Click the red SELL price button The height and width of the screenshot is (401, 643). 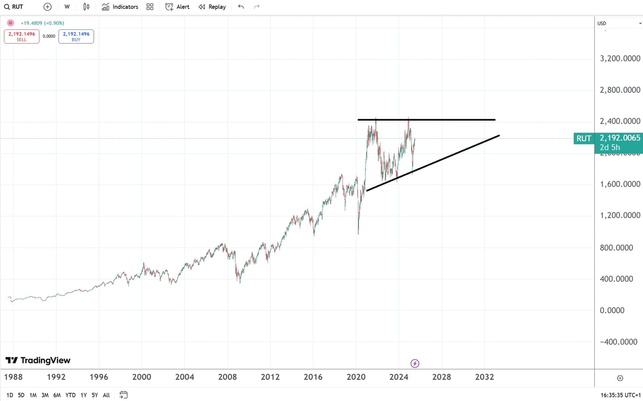click(21, 36)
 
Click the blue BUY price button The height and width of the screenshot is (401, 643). click(76, 36)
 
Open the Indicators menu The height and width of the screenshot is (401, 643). click(120, 7)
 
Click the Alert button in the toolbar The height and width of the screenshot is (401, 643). click(177, 7)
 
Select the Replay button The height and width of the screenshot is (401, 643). click(212, 7)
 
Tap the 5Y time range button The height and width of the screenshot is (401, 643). click(95, 395)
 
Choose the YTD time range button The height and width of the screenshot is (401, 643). click(70, 395)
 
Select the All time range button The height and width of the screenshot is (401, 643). click(106, 395)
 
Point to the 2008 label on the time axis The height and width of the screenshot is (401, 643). click(227, 377)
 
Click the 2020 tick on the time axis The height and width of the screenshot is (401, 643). click(356, 377)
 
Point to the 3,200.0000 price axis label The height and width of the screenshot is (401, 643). click(620, 58)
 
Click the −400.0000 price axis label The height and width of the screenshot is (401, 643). click(618, 342)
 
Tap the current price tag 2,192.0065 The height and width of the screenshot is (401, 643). click(619, 138)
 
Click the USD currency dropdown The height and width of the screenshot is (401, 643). click(619, 23)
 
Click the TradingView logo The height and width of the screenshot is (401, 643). click(38, 360)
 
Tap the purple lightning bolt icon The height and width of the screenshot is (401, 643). click(415, 364)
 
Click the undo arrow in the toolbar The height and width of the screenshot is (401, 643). click(241, 7)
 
